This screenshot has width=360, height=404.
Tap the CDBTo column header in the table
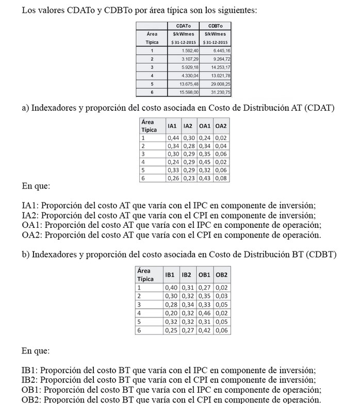click(215, 26)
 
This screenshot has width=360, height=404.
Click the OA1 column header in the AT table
click(205, 126)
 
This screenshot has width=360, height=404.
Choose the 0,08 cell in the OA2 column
click(221, 178)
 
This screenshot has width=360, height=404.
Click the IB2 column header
click(187, 275)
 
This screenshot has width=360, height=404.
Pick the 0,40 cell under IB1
click(171, 288)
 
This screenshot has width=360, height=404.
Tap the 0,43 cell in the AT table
click(205, 178)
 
